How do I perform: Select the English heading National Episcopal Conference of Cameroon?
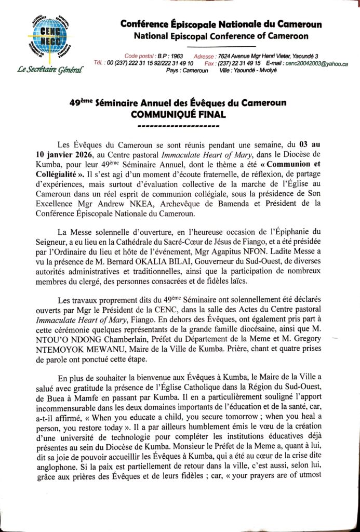(221, 36)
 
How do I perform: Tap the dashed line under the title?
(180, 126)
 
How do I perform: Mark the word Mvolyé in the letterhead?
(265, 70)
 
